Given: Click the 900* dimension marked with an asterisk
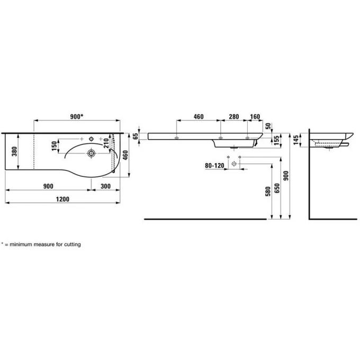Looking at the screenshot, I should (x=76, y=116).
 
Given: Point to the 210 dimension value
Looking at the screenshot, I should (x=106, y=142).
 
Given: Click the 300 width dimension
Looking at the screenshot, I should (x=105, y=186).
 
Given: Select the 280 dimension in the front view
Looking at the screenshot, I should (x=234, y=116).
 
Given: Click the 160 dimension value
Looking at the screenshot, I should (x=255, y=116).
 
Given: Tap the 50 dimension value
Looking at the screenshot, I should (x=268, y=126).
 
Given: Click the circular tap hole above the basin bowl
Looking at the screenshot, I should (x=92, y=139).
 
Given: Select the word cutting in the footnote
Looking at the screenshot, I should (x=71, y=245).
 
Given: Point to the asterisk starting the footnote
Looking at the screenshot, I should (x=2, y=244).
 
